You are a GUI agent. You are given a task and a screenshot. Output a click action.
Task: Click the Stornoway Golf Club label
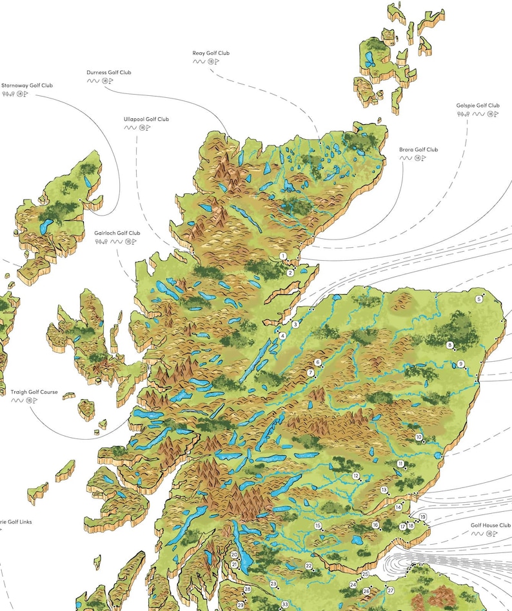[x=27, y=85]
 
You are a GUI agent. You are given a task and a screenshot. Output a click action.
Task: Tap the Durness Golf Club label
[x=108, y=73]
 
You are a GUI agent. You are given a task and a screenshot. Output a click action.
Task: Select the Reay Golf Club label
[x=210, y=53]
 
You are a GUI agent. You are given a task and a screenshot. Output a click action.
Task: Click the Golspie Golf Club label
[x=478, y=105]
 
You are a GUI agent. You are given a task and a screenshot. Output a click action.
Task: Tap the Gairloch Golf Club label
[x=117, y=233]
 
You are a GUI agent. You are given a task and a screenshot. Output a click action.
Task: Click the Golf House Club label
[x=490, y=525]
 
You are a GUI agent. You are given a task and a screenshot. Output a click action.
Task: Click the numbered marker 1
[x=283, y=256]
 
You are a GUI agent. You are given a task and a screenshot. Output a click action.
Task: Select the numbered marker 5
[x=479, y=299]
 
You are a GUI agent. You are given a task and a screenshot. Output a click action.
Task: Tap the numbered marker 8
[x=450, y=345]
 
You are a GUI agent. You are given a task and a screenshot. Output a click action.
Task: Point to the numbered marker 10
[x=418, y=438]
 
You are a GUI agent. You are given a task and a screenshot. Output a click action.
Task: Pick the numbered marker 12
[x=356, y=476]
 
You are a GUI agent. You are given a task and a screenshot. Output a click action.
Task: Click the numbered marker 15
[x=318, y=526]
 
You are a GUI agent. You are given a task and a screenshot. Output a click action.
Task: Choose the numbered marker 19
[x=423, y=517]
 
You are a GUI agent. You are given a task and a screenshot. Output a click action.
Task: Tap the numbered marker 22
[x=309, y=566]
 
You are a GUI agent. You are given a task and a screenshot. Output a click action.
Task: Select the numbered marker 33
[x=284, y=605]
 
